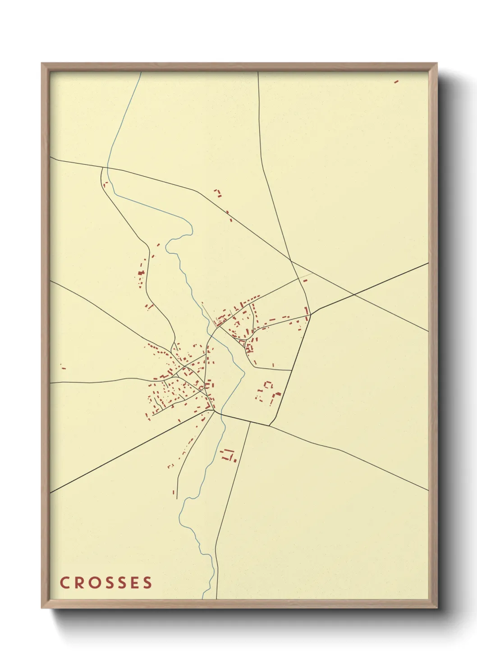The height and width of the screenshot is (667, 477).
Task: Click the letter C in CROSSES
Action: pyautogui.click(x=64, y=583)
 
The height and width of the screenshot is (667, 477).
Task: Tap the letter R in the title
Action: pyautogui.click(x=78, y=583)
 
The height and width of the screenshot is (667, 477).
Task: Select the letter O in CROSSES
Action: pyautogui.click(x=92, y=583)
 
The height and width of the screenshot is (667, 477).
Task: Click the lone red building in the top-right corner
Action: pyautogui.click(x=396, y=82)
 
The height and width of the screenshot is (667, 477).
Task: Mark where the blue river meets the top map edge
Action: pyautogui.click(x=141, y=72)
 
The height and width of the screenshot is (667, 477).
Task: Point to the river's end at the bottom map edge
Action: pyautogui.click(x=202, y=598)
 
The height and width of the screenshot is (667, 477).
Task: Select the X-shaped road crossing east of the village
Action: pyautogui.click(x=353, y=296)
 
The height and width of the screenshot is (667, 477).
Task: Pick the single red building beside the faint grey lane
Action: pyautogui.click(x=305, y=280)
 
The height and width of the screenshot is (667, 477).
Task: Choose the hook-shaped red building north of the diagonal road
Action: pyautogui.click(x=218, y=193)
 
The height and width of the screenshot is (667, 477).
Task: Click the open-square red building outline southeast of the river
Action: pyautogui.click(x=269, y=385)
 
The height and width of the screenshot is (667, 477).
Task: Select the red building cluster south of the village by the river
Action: pyautogui.click(x=228, y=455)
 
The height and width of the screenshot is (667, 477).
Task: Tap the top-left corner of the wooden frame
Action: pyautogui.click(x=42, y=64)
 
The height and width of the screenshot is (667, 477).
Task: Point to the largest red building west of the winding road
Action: pyautogui.click(x=141, y=273)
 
